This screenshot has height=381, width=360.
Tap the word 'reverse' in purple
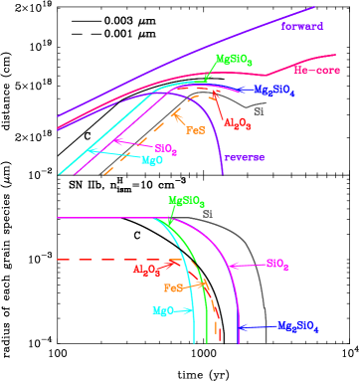[244, 157]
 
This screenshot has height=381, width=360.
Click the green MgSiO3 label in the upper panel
[234, 61]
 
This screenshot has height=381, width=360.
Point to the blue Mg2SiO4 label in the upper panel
[273, 91]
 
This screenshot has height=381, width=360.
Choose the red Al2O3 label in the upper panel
[236, 123]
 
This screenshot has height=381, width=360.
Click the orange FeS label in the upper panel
[195, 129]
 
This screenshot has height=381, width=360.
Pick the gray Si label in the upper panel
[259, 111]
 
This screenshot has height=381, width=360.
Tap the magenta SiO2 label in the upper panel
[165, 149]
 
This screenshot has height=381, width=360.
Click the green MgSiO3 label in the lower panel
[186, 201]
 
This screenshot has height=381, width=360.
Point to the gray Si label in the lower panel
[208, 213]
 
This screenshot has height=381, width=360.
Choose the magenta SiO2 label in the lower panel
[277, 265]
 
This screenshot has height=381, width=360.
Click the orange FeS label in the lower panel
[173, 287]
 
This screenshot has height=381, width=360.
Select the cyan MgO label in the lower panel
[163, 311]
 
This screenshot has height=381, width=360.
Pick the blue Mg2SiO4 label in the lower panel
[300, 326]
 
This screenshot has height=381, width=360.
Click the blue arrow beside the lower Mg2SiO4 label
[259, 326]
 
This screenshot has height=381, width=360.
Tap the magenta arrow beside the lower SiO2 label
[246, 265]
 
